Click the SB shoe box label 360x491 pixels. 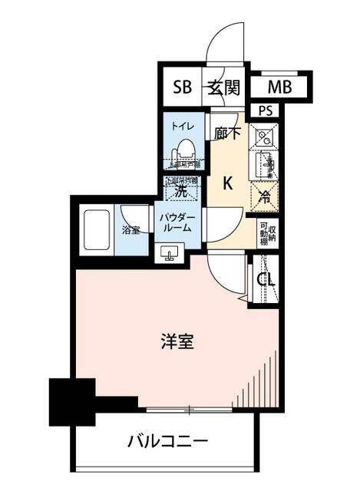[181, 87]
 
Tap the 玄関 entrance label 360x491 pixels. [223, 87]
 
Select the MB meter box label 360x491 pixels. [280, 87]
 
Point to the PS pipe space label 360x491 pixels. [266, 110]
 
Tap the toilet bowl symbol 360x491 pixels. [184, 150]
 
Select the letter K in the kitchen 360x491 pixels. [228, 183]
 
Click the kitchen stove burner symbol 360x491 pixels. [264, 138]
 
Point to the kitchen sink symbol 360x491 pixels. [266, 164]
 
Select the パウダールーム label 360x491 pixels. [177, 223]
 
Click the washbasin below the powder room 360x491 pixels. [170, 252]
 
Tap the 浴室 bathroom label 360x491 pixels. [131, 229]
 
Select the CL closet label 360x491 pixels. [266, 280]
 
